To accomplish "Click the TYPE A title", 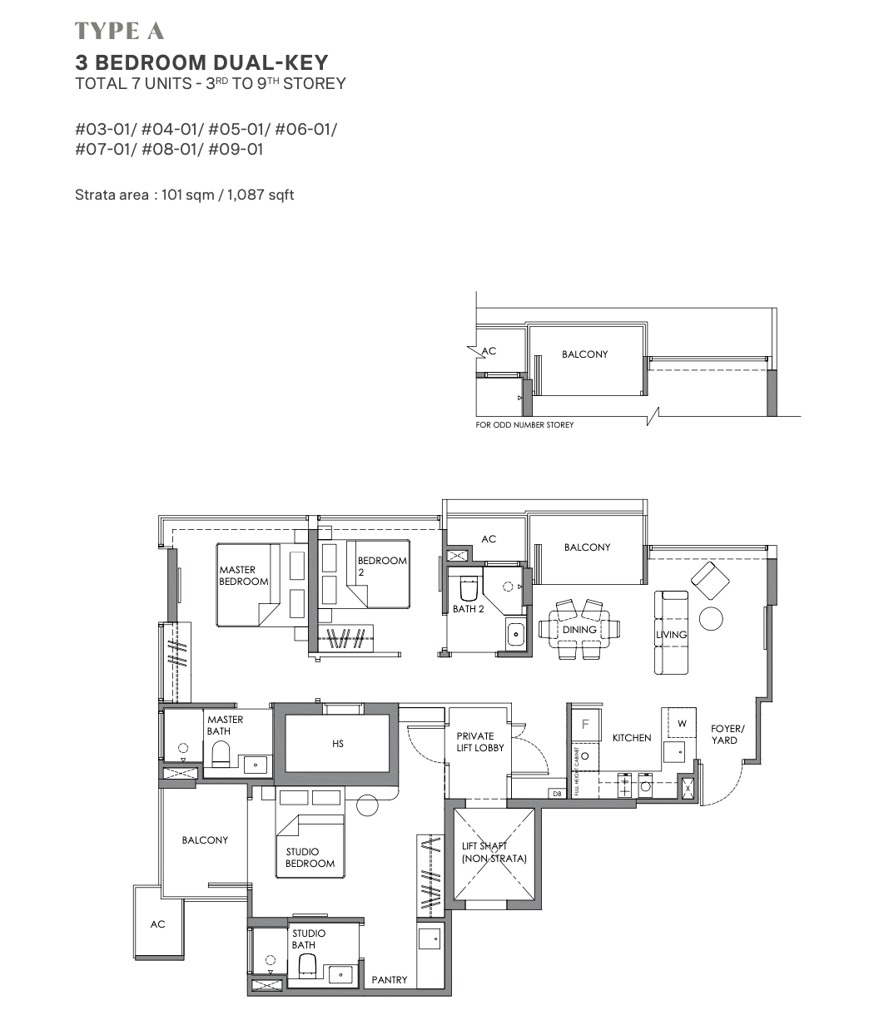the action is (x=119, y=31).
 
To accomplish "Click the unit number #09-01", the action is (x=236, y=149).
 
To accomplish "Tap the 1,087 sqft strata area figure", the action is (x=261, y=195).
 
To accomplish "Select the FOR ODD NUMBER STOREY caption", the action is (x=524, y=425).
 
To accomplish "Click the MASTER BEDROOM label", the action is (x=244, y=575).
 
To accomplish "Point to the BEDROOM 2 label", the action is (x=382, y=566).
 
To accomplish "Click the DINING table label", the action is (x=579, y=630).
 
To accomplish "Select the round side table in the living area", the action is (x=711, y=618).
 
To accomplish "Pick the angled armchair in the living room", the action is (x=710, y=580).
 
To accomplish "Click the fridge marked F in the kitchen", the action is (x=585, y=725).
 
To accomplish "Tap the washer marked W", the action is (x=682, y=723).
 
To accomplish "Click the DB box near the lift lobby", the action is (x=557, y=794).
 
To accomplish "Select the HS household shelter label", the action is (x=338, y=743).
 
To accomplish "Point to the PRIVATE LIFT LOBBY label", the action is (x=479, y=742).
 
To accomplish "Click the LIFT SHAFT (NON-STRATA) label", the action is (x=494, y=852).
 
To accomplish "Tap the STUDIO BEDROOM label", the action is (x=310, y=858).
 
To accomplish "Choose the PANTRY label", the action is (x=390, y=980).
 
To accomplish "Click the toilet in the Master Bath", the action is (x=221, y=754).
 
